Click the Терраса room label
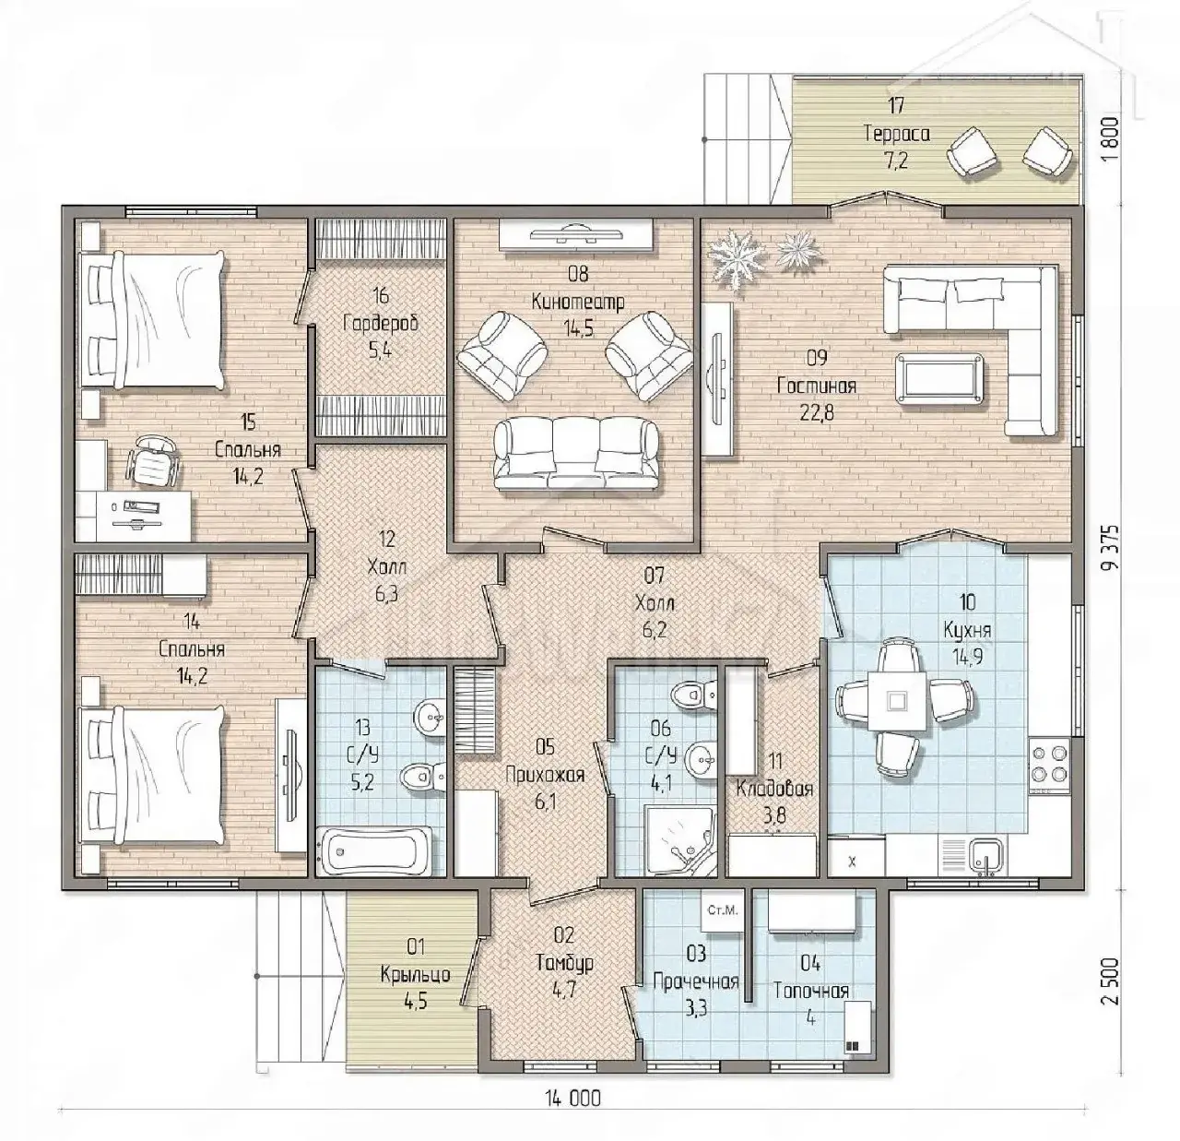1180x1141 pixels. click(x=897, y=134)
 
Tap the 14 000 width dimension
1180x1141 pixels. click(x=573, y=1098)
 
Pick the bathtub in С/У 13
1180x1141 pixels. click(x=374, y=850)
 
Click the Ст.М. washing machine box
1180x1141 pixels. click(x=723, y=910)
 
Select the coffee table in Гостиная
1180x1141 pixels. click(x=940, y=376)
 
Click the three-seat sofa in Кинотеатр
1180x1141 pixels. click(x=575, y=455)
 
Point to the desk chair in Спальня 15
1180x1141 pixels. click(x=153, y=460)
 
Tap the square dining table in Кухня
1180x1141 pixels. click(x=896, y=702)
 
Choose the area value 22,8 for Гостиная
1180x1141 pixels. click(x=817, y=412)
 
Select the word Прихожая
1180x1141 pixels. click(x=545, y=775)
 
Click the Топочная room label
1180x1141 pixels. click(x=811, y=992)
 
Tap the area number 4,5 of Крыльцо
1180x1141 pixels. click(x=415, y=1001)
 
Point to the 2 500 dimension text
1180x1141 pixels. click(x=1113, y=990)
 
